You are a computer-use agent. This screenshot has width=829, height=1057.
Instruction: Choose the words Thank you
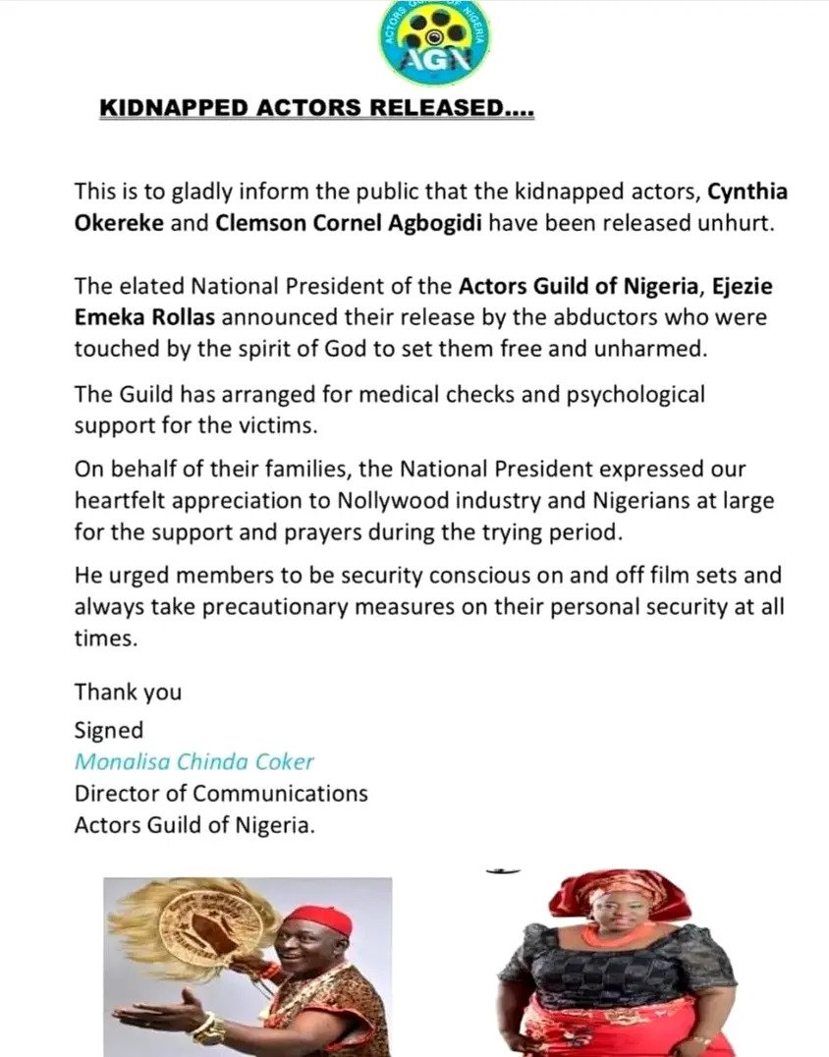point(128,692)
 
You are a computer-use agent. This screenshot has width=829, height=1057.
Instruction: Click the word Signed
point(108,730)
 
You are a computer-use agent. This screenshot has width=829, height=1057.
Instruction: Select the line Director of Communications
point(221,793)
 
